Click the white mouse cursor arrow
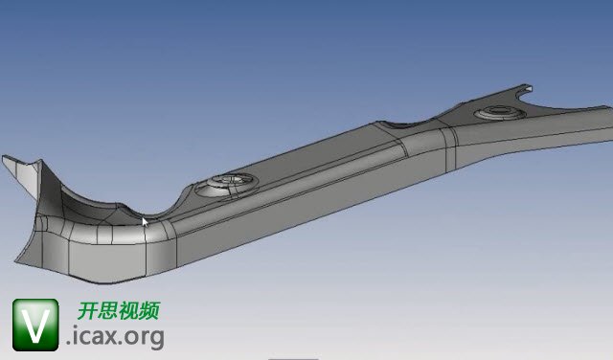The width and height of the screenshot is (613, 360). [x=145, y=222]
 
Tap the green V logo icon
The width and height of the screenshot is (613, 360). [x=35, y=325]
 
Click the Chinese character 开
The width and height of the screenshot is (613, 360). [x=87, y=311]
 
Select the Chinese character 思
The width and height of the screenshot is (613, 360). [x=107, y=311]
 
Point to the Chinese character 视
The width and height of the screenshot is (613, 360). [x=128, y=311]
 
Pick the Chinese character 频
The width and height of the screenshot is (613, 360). [x=149, y=311]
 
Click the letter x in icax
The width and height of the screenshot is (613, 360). [x=109, y=337]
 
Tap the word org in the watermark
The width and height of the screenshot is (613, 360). [x=145, y=339]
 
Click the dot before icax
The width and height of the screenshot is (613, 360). [x=69, y=343]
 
